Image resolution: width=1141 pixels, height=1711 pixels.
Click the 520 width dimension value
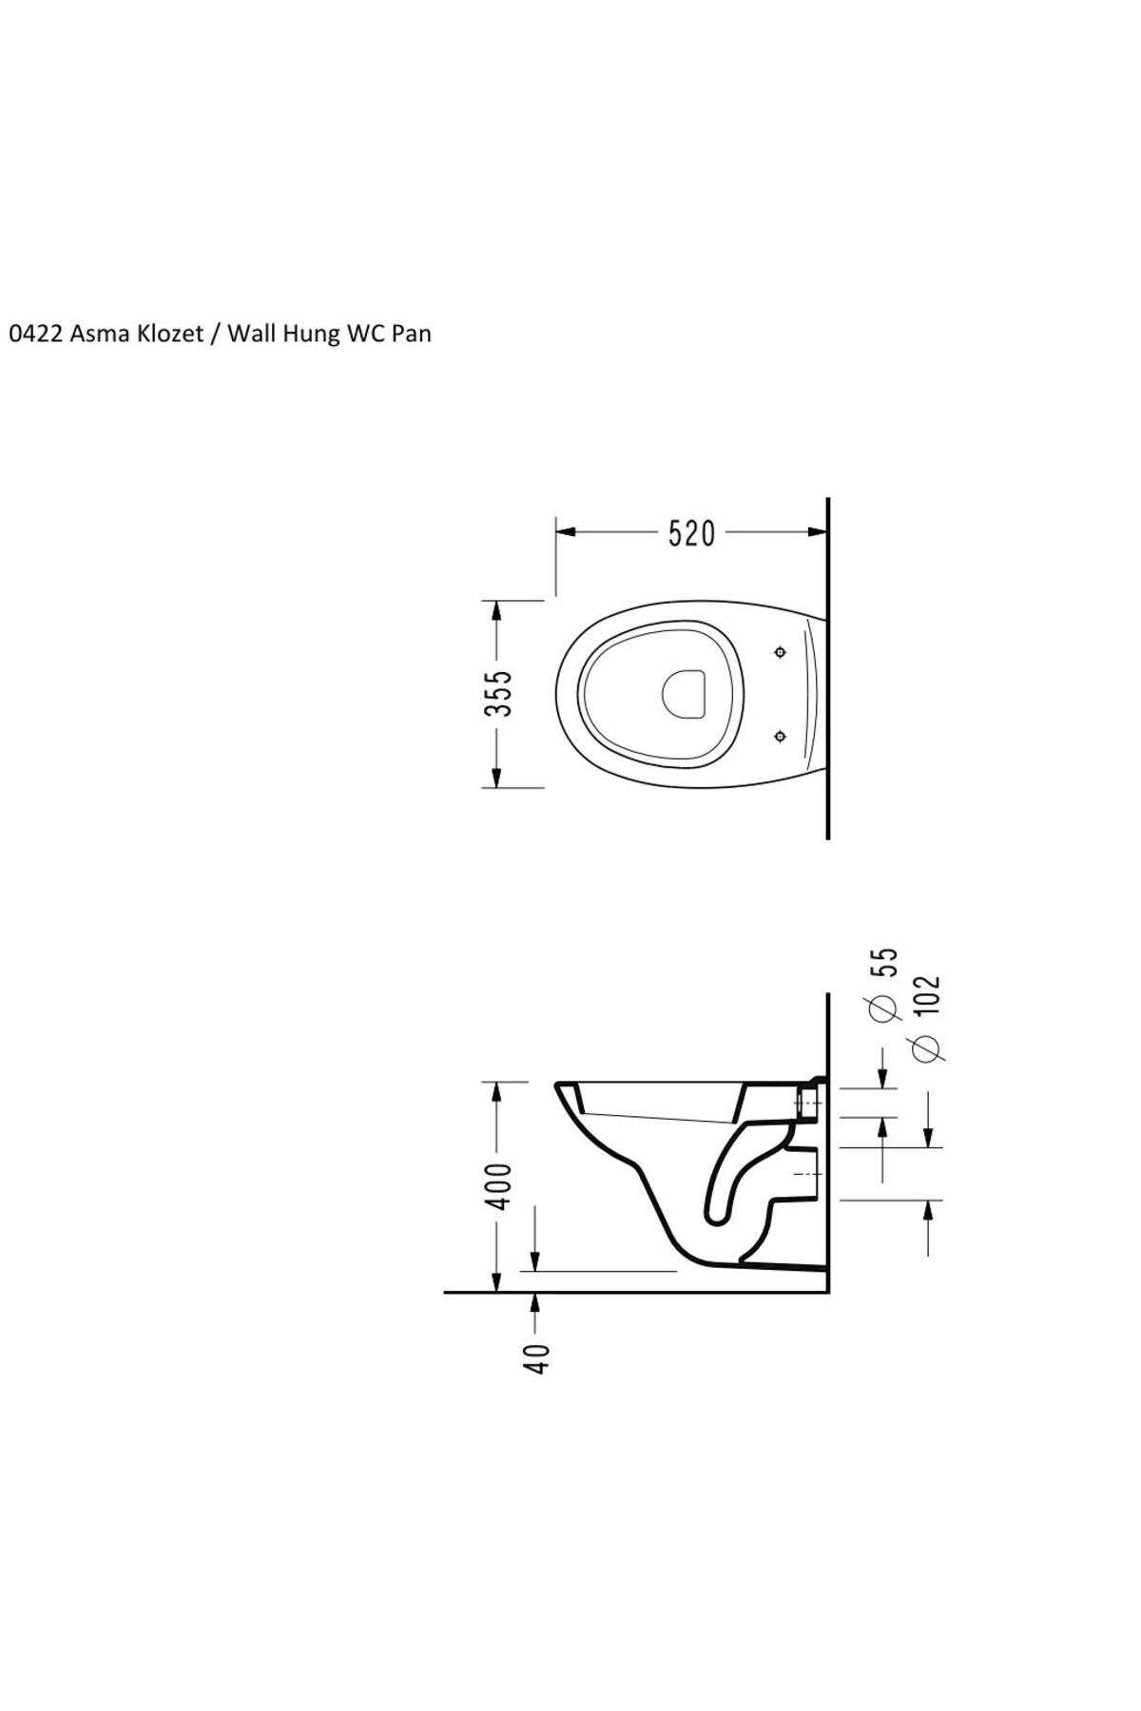pos(691,534)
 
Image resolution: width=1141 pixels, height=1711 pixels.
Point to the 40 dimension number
pos(537,1358)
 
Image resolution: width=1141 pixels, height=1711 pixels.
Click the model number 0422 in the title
pos(35,334)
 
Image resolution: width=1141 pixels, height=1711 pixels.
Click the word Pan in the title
pos(411,334)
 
